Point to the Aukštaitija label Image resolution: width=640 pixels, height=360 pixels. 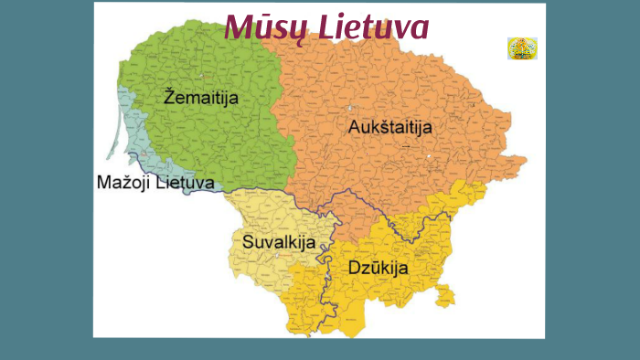[391, 129]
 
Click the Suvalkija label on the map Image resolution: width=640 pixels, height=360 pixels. [279, 242]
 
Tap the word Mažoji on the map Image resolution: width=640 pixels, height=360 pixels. [123, 183]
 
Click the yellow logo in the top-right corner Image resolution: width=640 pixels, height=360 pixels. [522, 48]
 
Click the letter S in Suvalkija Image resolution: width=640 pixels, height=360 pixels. [249, 242]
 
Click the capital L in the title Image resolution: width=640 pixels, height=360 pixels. [326, 27]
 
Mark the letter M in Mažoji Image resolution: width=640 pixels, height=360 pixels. [103, 183]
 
